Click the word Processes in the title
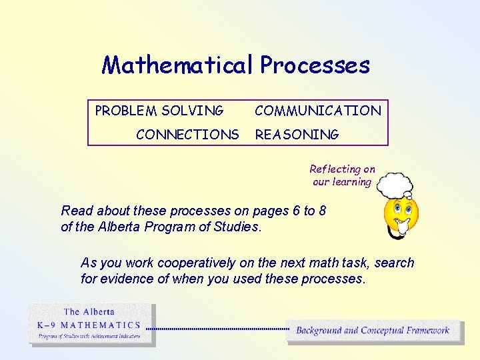[x=315, y=65]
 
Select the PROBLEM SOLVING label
[x=159, y=111]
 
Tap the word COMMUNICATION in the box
[x=318, y=111]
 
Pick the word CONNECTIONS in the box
[x=187, y=135]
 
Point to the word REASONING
[x=297, y=135]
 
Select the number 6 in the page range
[x=296, y=211]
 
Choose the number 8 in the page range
[x=323, y=211]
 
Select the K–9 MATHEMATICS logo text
[x=89, y=325]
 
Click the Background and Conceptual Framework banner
[x=373, y=330]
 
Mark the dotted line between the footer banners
[x=217, y=329]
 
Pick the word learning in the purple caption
[x=351, y=182]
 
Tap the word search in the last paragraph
[x=395, y=263]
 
